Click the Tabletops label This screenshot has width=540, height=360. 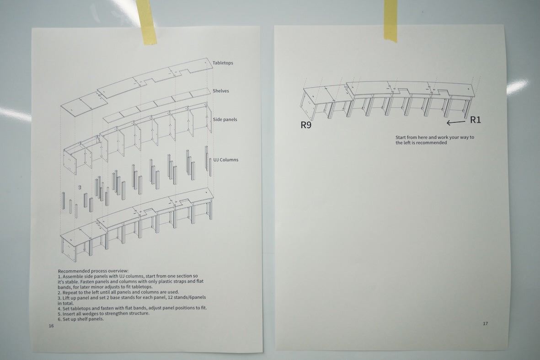click(x=223, y=63)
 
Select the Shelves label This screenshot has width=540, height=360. click(x=221, y=91)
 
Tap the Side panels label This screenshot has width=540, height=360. click(x=225, y=119)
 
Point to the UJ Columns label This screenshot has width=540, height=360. click(x=225, y=160)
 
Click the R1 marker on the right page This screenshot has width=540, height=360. click(x=475, y=120)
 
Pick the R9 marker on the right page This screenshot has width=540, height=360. click(x=306, y=125)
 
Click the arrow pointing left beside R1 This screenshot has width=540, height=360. click(x=456, y=122)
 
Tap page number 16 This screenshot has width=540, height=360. click(x=51, y=326)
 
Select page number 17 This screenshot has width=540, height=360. click(x=485, y=323)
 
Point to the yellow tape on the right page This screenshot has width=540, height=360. click(x=390, y=20)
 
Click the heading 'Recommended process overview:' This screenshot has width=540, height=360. click(x=93, y=271)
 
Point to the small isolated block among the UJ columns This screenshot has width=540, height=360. click(x=80, y=187)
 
